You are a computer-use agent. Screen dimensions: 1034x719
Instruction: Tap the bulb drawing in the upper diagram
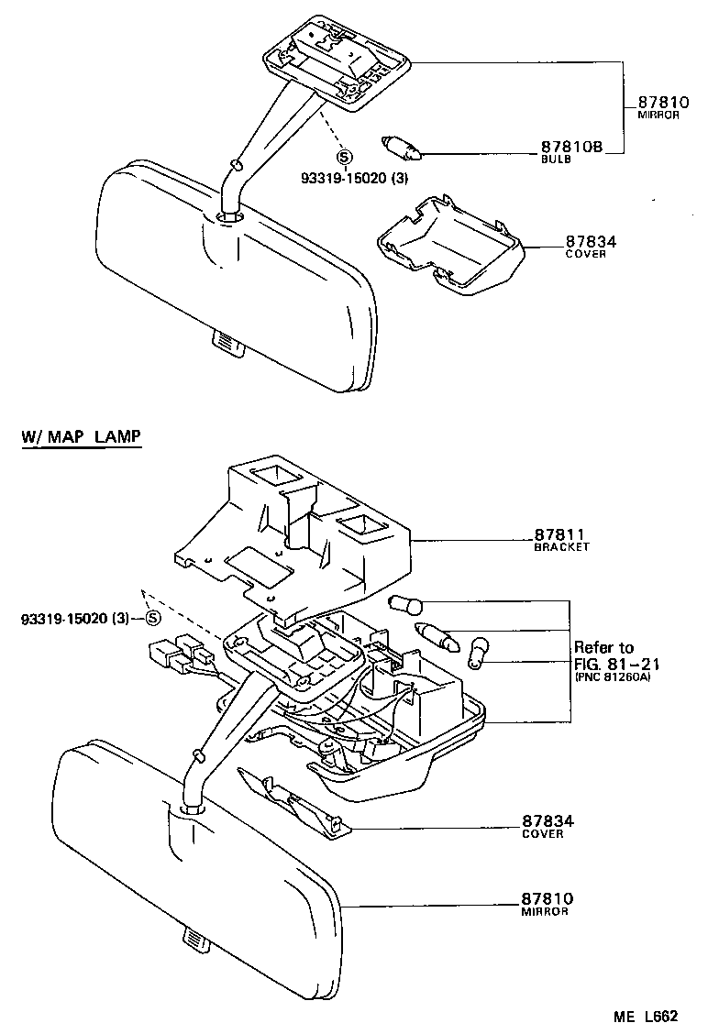401,145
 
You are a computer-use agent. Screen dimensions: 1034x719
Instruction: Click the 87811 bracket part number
559,534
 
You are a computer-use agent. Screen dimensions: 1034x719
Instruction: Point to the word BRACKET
561,547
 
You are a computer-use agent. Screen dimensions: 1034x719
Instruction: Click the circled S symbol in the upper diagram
344,156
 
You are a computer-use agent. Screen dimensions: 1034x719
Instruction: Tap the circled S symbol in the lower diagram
153,619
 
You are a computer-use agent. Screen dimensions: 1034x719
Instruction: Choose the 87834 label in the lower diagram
548,821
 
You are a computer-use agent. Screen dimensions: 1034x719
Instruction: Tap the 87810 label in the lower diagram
548,899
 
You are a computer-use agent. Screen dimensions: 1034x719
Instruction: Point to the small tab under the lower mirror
193,940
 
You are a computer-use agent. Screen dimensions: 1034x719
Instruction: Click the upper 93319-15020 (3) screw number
338,179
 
